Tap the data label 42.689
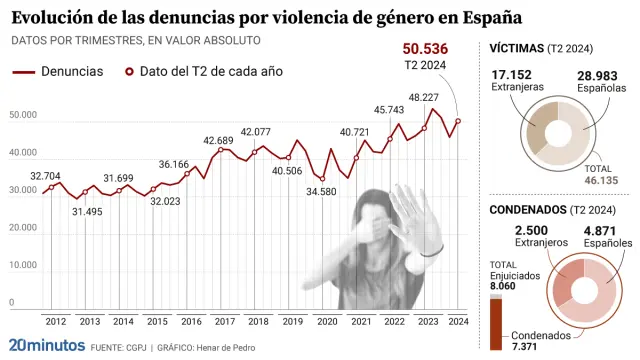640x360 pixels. [x=218, y=142]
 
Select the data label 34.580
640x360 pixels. [x=320, y=191]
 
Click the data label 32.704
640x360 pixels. [x=46, y=176]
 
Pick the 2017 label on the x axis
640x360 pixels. [x=225, y=321]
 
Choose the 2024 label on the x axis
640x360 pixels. [x=458, y=321]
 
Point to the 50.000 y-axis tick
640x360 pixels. [x=23, y=116]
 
